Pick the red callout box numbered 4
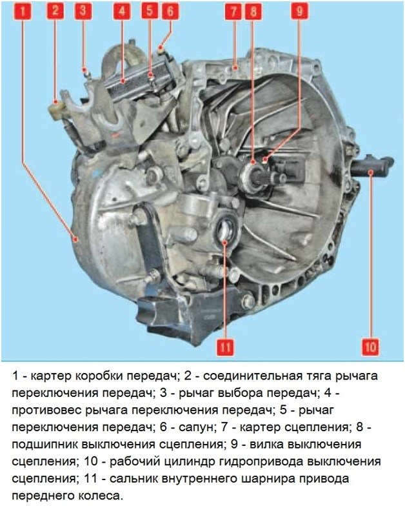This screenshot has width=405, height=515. pyautogui.click(x=122, y=11)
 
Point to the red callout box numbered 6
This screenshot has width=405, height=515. pyautogui.click(x=170, y=11)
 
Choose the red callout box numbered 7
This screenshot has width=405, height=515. pyautogui.click(x=233, y=12)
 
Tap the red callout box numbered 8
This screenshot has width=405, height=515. pyautogui.click(x=253, y=12)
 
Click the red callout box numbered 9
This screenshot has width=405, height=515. pyautogui.click(x=299, y=11)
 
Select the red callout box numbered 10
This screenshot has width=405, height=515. pyautogui.click(x=370, y=347)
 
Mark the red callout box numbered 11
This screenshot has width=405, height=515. pyautogui.click(x=225, y=347)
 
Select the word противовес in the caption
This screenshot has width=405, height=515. pyautogui.click(x=46, y=410)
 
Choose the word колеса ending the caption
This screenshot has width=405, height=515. pyautogui.click(x=99, y=496)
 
